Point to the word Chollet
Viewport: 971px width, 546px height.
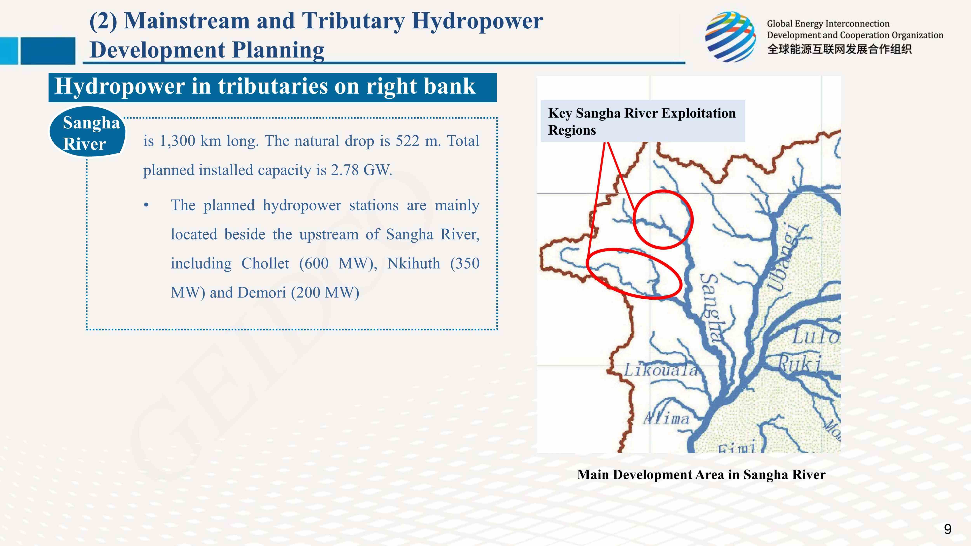(x=265, y=263)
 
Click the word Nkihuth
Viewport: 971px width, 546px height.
(x=413, y=263)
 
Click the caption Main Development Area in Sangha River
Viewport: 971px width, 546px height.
(x=701, y=474)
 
